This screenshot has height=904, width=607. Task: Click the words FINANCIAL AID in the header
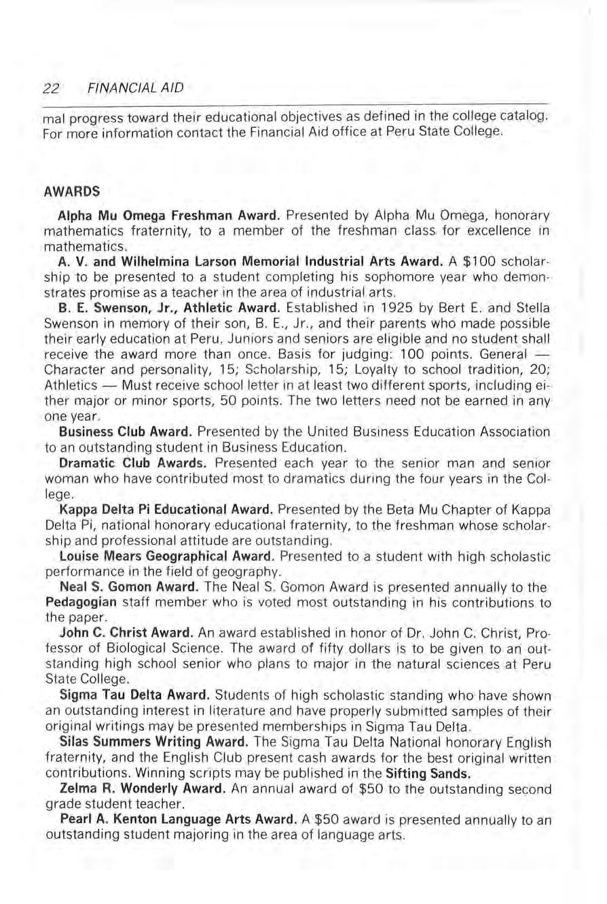[135, 88]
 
